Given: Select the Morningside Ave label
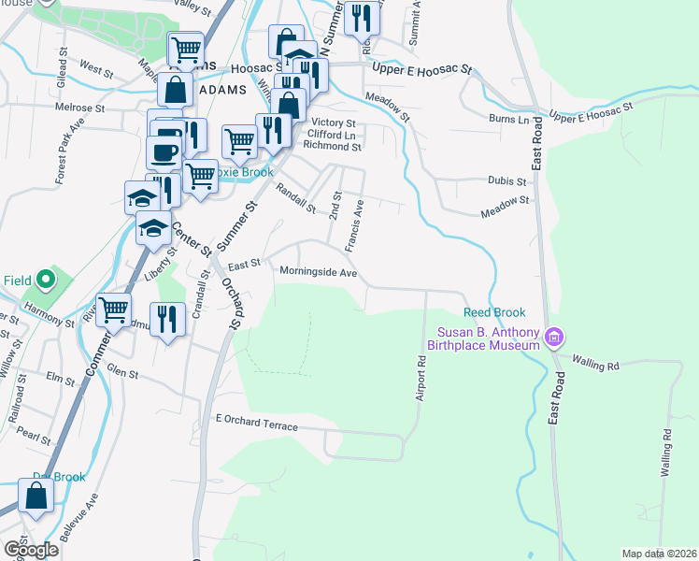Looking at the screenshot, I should [319, 272].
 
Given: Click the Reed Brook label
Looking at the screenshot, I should [494, 312].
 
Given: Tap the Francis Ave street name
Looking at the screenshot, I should [353, 230].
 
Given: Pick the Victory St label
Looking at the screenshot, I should [334, 122].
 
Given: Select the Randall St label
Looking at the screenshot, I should [297, 197].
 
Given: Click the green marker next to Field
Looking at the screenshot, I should [45, 280].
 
